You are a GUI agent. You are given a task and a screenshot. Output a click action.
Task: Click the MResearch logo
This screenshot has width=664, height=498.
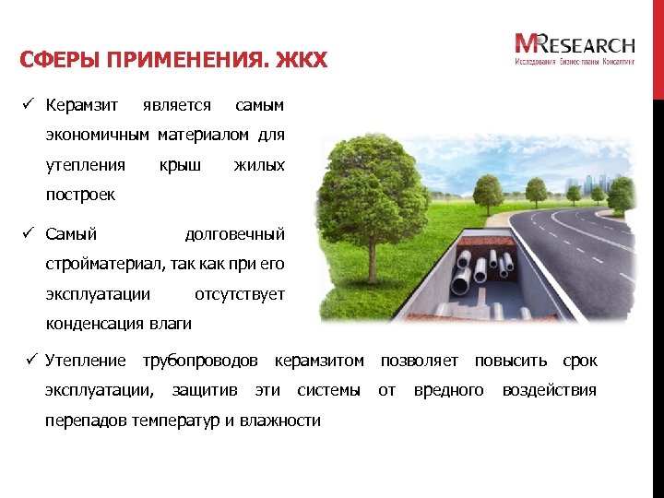tap(575, 48)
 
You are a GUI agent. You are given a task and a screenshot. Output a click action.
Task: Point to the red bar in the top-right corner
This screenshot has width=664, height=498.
tap(658, 46)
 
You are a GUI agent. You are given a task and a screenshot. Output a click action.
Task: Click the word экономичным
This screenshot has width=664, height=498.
tap(98, 136)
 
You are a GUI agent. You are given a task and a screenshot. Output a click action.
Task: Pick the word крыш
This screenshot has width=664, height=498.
tap(180, 166)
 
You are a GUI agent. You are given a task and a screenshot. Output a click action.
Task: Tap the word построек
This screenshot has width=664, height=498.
tap(80, 196)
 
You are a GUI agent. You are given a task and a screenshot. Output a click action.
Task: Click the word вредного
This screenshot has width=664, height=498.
tap(449, 390)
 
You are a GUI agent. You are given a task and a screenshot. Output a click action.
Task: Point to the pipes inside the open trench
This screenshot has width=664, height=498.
tap(481, 267)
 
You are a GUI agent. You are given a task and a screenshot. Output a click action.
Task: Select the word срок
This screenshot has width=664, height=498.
tap(580, 361)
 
